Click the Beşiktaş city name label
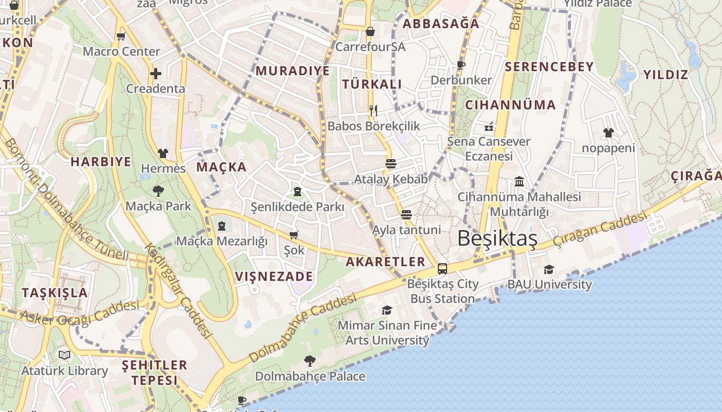(497, 238)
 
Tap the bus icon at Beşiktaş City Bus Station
(442, 268)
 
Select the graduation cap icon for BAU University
(549, 270)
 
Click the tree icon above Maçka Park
(158, 192)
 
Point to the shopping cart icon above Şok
(294, 235)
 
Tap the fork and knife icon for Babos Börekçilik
(373, 110)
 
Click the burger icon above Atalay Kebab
(391, 164)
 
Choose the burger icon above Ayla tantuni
(406, 214)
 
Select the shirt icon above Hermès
(163, 153)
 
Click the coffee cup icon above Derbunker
(461, 65)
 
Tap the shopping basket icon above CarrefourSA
(370, 31)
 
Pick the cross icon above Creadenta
(155, 74)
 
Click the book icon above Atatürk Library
(64, 355)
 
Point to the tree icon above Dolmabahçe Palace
(310, 360)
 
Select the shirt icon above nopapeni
(609, 133)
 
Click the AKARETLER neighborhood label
(385, 262)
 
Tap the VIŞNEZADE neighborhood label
(274, 277)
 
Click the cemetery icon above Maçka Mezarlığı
(222, 226)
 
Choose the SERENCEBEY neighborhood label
(549, 66)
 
